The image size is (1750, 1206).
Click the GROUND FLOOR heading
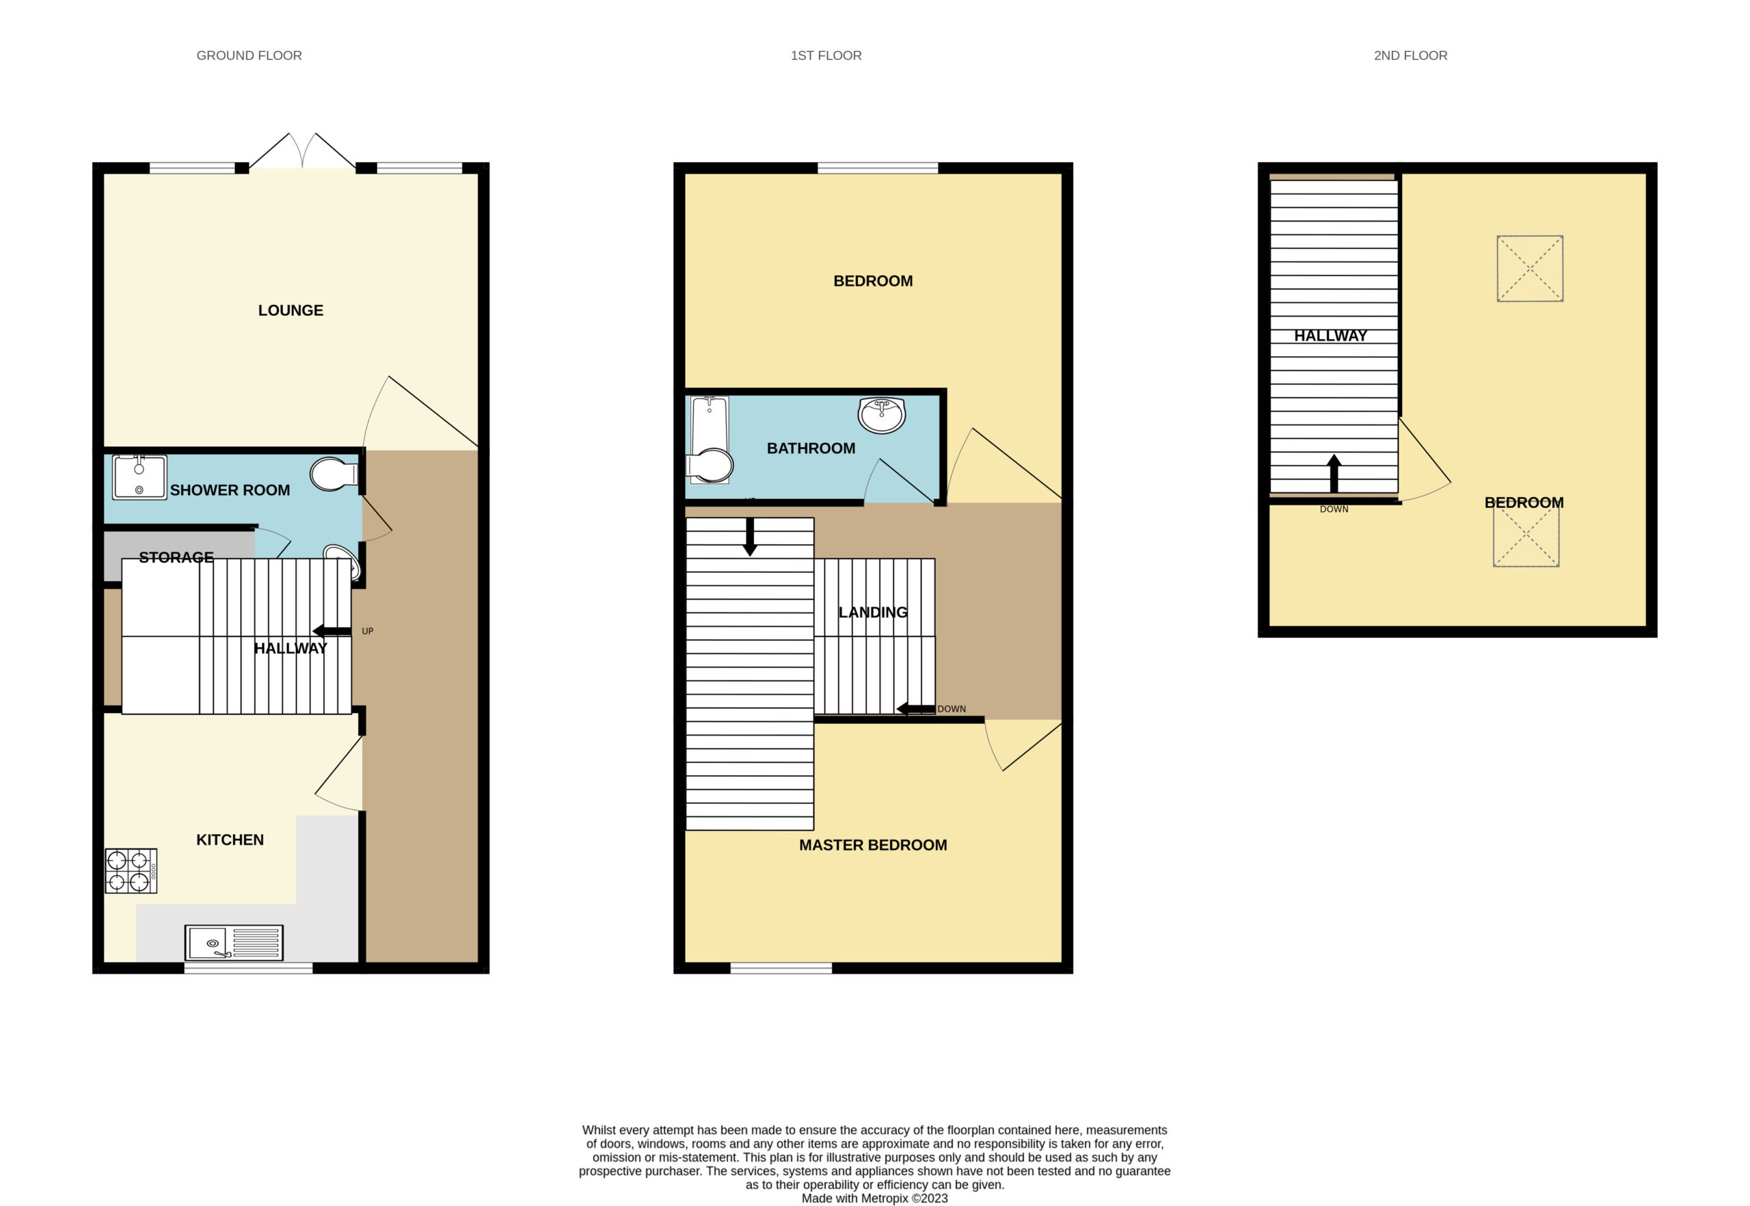point(249,55)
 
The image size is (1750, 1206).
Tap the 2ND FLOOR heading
point(1410,55)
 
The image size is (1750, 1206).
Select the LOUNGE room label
point(291,310)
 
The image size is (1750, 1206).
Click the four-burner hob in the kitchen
point(131,870)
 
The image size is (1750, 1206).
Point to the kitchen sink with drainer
point(234,942)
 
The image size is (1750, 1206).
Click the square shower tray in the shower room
point(139,477)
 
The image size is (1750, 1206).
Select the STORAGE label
point(176,558)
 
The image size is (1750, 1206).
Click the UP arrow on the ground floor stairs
point(332,631)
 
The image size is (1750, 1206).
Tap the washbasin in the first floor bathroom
point(881,415)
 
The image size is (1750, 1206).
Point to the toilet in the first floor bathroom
point(710,466)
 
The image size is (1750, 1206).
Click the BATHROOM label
point(811,448)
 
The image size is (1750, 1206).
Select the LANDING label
point(873,612)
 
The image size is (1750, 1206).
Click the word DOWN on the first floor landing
point(952,709)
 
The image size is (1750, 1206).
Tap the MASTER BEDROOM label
point(873,845)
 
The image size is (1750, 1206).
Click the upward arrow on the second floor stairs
point(1334,474)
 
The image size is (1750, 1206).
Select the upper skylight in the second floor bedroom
point(1529,268)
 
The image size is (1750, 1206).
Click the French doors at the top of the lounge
point(302,150)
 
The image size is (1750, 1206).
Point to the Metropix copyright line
point(874,1198)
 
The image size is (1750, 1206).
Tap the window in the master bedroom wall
point(781,968)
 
